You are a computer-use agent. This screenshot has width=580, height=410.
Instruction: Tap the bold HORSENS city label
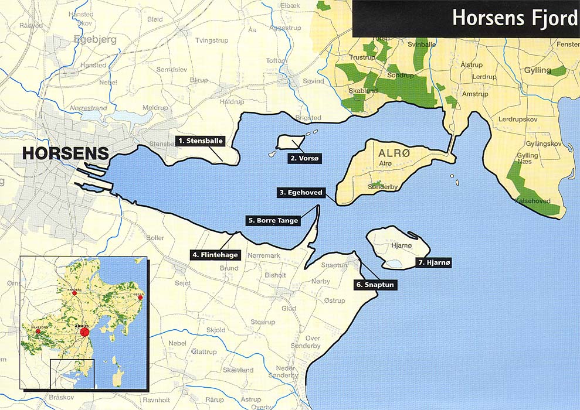[x=65, y=154]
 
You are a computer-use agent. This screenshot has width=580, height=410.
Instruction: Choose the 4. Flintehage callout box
[x=215, y=255]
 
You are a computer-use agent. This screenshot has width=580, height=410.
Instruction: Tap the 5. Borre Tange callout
[x=273, y=221]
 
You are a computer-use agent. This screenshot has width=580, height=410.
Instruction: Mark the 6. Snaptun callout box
[x=376, y=285]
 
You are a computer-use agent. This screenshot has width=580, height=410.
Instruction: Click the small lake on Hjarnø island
[x=396, y=264]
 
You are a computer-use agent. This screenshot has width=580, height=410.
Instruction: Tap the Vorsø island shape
[x=290, y=141]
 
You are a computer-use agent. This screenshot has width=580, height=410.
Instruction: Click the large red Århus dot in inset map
[x=84, y=332]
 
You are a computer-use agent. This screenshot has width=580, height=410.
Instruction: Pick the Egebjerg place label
[x=95, y=40]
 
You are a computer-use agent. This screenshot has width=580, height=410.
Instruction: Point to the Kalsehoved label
[x=532, y=200]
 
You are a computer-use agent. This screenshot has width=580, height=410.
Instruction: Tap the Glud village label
[x=289, y=308]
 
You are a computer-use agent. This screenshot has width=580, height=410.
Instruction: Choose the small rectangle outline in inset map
[x=72, y=374]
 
